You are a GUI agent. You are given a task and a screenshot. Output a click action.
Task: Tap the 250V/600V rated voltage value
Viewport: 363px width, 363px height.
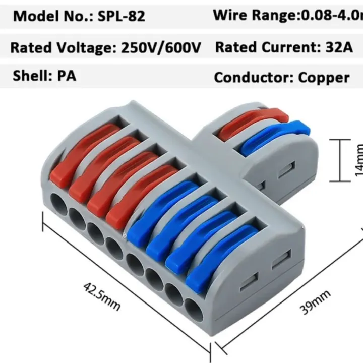[161, 48]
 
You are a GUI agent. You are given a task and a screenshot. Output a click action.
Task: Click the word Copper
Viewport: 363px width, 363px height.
[324, 78]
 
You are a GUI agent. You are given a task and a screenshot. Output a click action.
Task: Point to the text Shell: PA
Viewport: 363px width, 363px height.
[44, 76]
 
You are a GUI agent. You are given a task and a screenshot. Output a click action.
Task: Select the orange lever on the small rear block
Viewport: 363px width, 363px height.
[250, 124]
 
